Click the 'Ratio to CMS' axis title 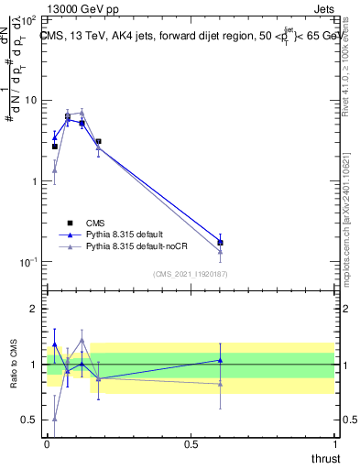(14, 365)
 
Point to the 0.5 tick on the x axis (191, 444)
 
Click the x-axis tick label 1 (334, 444)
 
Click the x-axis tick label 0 (48, 444)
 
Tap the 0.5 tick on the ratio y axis (29, 420)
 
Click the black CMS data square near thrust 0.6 (220, 243)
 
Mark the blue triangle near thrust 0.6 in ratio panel (220, 360)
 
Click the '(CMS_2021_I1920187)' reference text (190, 273)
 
